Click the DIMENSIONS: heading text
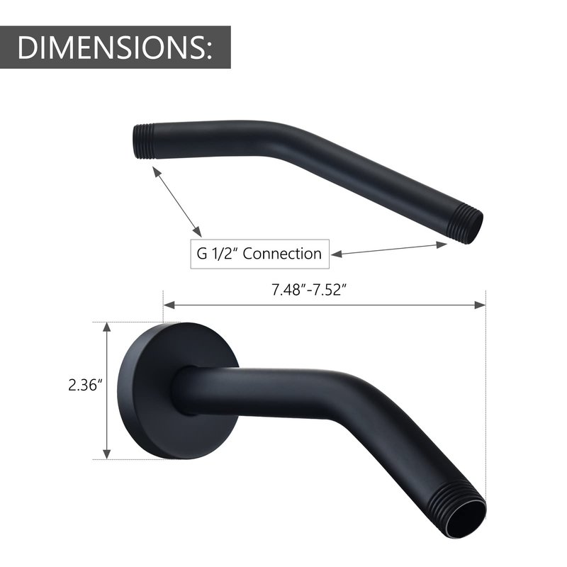tap(115, 47)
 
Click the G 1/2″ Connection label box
tap(259, 254)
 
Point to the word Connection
tap(282, 254)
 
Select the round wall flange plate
tap(178, 391)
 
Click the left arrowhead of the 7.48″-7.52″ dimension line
tap(169, 305)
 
